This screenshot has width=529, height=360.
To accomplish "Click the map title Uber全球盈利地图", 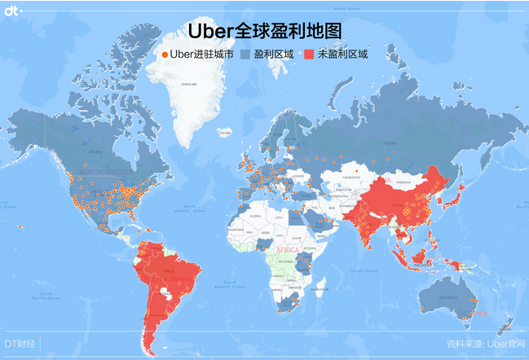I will point(264,31).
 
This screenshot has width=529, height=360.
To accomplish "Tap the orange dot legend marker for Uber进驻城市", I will point(165,55).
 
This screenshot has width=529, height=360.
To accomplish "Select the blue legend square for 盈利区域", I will point(245,55).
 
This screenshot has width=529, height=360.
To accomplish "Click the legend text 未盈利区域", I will point(343,55).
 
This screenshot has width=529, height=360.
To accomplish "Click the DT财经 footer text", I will point(20,344).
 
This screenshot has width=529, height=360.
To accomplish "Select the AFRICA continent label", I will point(287,248).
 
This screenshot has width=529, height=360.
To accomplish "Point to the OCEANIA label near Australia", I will point(471,312).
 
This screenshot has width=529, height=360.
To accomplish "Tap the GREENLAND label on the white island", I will point(189,84).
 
